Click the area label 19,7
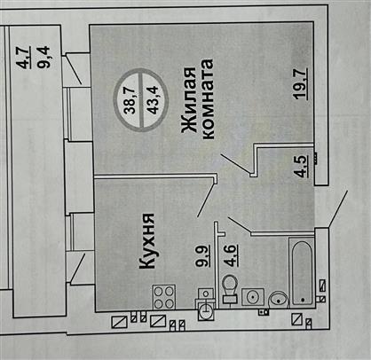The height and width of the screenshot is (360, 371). [x=301, y=83]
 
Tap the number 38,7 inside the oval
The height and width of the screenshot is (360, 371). [x=130, y=99]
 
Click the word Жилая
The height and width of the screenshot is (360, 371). [x=189, y=100]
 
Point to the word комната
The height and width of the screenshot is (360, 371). [x=207, y=98]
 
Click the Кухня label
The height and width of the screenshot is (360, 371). [x=146, y=241]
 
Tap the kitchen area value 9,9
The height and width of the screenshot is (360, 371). [x=204, y=255]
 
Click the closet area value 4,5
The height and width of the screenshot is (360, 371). [x=302, y=166]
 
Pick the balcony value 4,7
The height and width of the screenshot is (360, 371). [x=24, y=58]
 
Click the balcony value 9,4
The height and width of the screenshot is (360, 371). [x=43, y=58]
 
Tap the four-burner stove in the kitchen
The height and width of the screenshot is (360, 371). [x=164, y=297]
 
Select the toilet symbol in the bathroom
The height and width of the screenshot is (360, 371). [x=229, y=289]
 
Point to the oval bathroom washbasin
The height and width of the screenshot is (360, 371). [x=279, y=299]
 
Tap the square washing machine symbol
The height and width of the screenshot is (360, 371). [x=253, y=297]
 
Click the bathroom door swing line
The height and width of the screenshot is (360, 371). [x=240, y=224]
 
